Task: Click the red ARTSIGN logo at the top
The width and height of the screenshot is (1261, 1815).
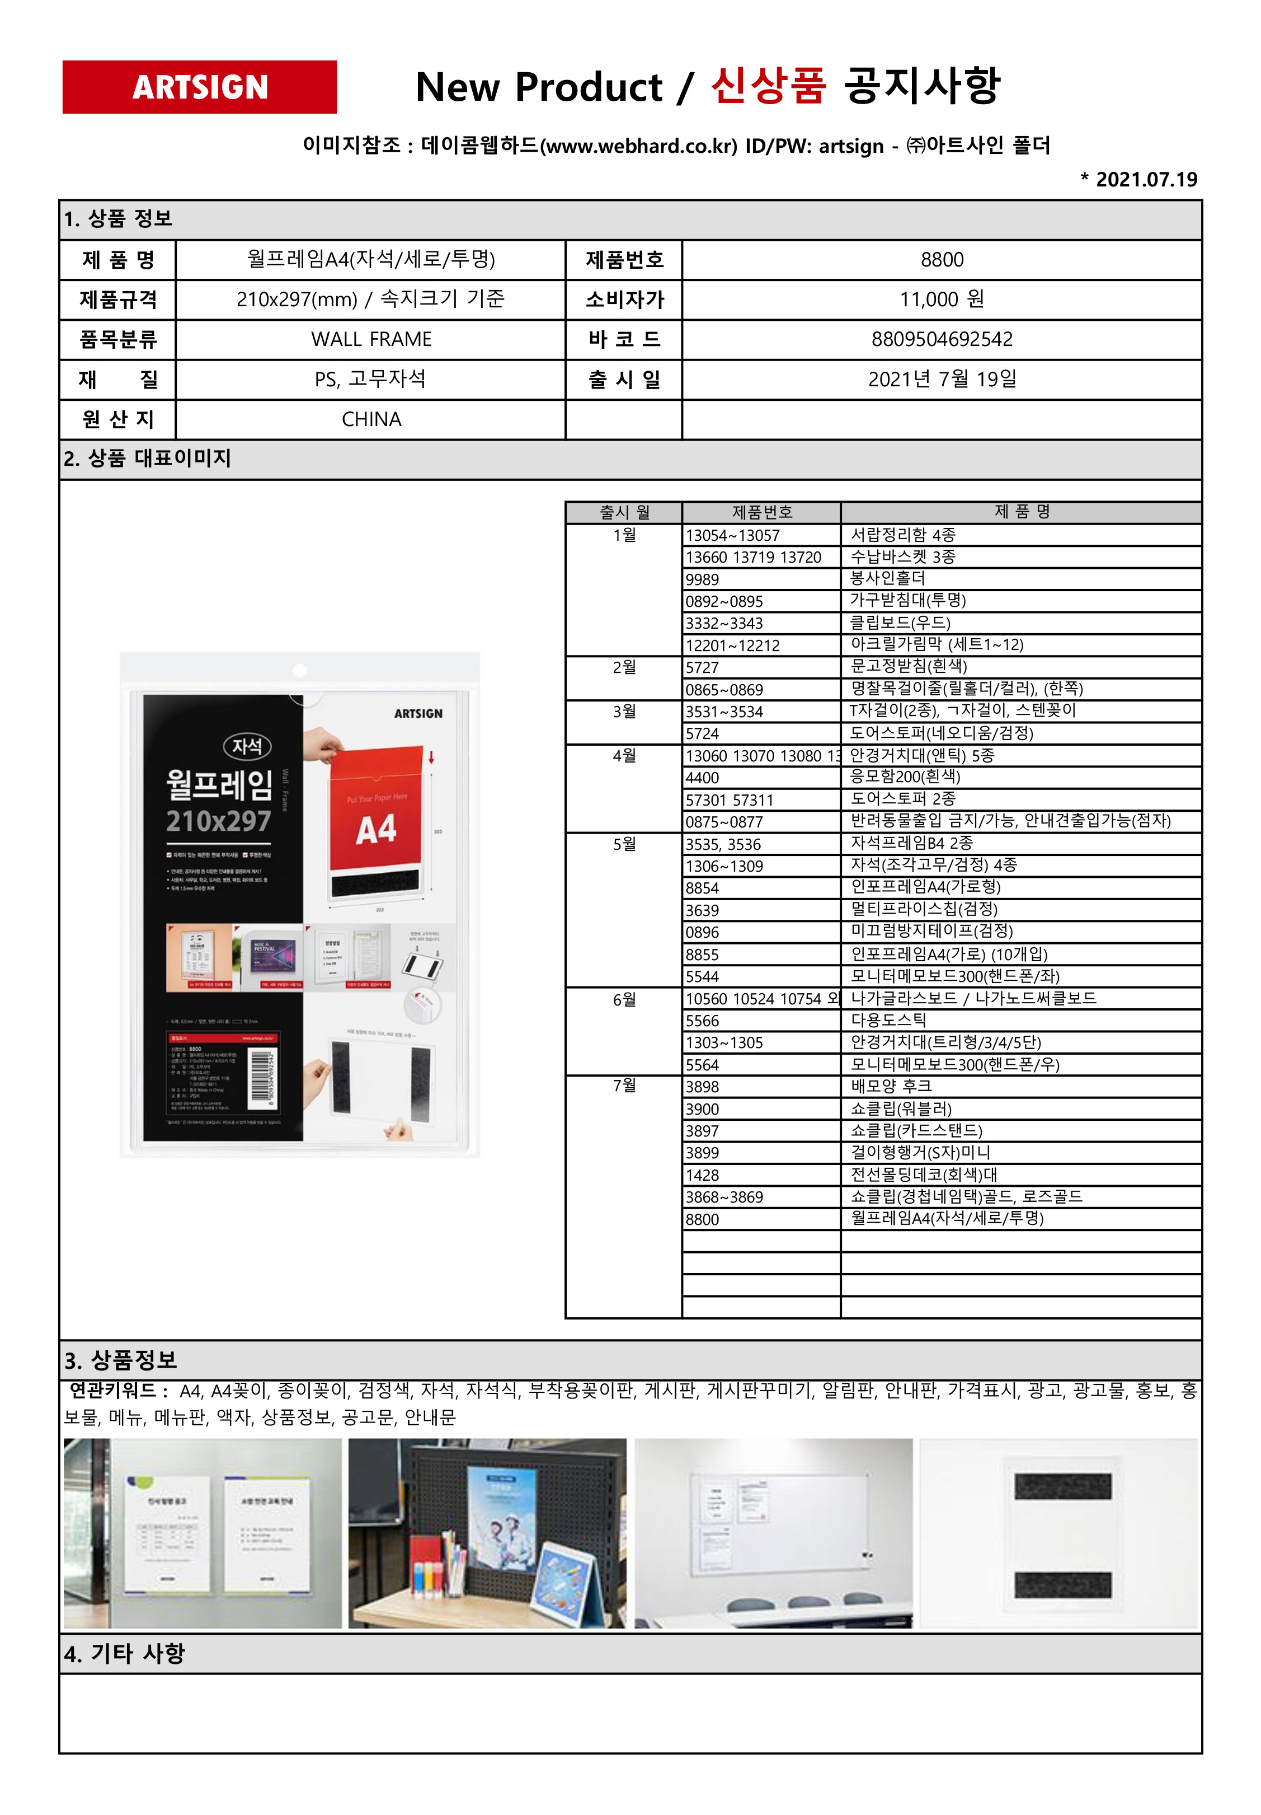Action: pyautogui.click(x=199, y=87)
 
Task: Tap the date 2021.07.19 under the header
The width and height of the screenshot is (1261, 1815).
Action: pyautogui.click(x=1144, y=180)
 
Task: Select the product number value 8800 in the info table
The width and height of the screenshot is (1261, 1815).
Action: pyautogui.click(x=941, y=260)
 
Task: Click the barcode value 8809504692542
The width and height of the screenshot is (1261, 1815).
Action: pyautogui.click(x=941, y=339)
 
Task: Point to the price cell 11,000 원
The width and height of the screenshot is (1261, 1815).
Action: pyautogui.click(x=941, y=300)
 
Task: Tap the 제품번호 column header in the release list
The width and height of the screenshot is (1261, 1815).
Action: pyautogui.click(x=761, y=512)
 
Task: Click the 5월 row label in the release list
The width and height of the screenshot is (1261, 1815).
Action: pyautogui.click(x=624, y=844)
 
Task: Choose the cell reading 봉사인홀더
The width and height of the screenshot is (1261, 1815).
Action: pyautogui.click(x=887, y=579)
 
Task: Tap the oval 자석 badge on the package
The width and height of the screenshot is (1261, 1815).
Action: pyautogui.click(x=247, y=746)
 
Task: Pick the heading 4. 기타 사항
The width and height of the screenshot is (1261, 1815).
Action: pyautogui.click(x=125, y=1654)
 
